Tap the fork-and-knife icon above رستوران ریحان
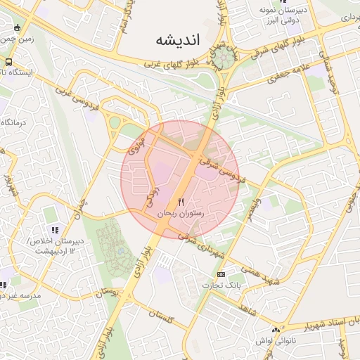(181, 202)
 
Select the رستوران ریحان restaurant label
(180, 212)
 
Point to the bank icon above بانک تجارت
(221, 274)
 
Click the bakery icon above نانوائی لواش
(276, 330)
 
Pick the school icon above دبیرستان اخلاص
(55, 229)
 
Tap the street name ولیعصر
(252, 207)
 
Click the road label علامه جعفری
(286, 72)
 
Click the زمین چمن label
(17, 39)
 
